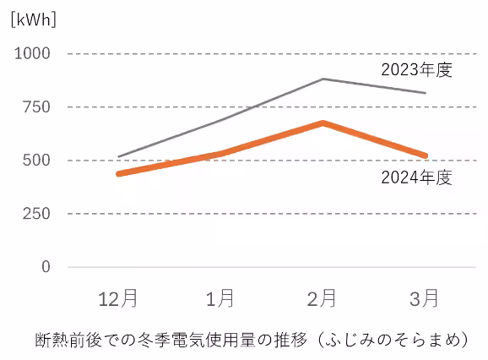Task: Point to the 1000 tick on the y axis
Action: (x=33, y=53)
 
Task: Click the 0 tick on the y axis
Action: (x=46, y=267)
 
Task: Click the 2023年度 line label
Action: (x=417, y=69)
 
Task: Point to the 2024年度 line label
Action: (x=417, y=177)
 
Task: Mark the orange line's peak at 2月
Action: (x=323, y=123)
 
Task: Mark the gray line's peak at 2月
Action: (x=323, y=79)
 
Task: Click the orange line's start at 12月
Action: (x=119, y=173)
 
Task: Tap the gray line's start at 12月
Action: (x=119, y=156)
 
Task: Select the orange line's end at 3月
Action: (x=425, y=155)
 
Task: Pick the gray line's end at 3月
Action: (x=425, y=93)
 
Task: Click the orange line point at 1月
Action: (x=221, y=153)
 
